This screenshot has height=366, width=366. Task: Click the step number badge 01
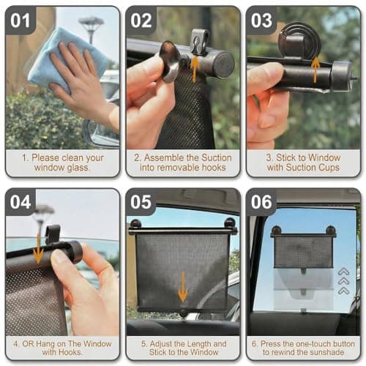pos(20,20)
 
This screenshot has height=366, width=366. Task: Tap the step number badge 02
pos(141,20)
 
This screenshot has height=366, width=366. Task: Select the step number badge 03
pos(261,20)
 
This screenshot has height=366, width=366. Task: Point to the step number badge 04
pos(20,202)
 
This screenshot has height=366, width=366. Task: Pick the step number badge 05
pos(141,202)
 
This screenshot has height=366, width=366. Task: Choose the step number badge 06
pos(261,202)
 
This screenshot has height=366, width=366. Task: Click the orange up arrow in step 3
pos(315,68)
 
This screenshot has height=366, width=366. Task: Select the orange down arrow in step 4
pos(37,253)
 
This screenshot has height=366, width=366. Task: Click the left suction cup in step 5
pos(135,224)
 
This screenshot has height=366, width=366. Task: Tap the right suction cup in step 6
pos(330,231)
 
